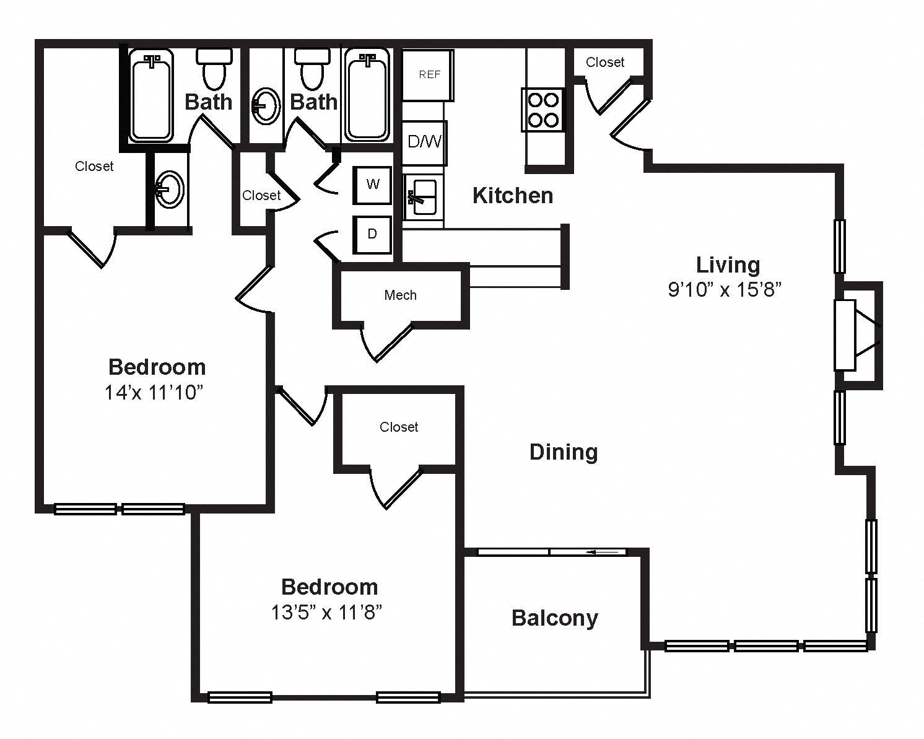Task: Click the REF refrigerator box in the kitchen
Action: click(x=428, y=75)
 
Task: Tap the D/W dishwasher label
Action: click(x=424, y=141)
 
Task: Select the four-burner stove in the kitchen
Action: click(x=543, y=110)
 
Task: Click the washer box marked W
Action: click(x=372, y=185)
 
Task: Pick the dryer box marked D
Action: click(x=372, y=234)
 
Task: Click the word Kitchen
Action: click(x=513, y=196)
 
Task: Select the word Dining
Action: click(x=564, y=453)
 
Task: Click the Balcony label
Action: click(x=555, y=619)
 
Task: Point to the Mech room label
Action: click(x=400, y=295)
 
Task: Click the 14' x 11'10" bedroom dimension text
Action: click(x=154, y=393)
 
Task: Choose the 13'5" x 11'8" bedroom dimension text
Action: click(x=326, y=613)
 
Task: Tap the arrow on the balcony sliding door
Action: click(x=602, y=552)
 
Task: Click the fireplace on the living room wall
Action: click(x=858, y=335)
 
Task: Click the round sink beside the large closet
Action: click(x=170, y=190)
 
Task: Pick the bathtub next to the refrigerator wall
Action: click(x=367, y=95)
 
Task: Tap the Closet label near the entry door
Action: click(x=605, y=63)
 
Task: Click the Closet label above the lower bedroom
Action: click(x=399, y=427)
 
